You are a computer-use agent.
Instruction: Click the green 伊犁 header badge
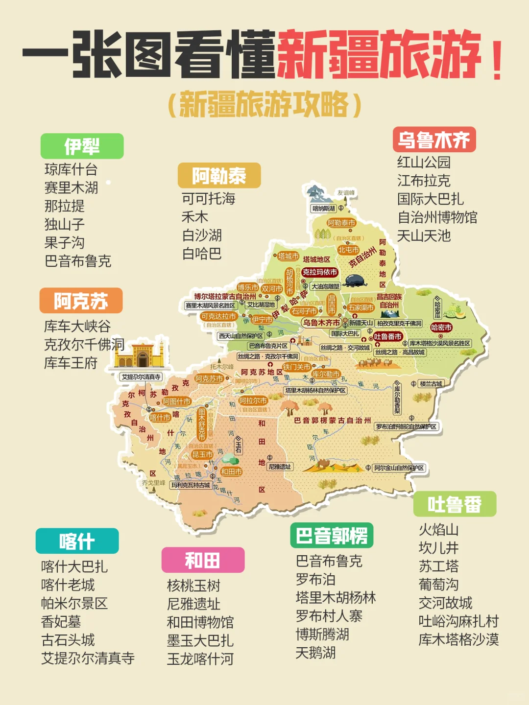82,146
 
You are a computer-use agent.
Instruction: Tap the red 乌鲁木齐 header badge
434,140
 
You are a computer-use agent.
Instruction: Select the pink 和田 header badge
203,560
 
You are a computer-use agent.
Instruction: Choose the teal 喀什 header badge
77,541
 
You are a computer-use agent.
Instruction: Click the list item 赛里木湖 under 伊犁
71,188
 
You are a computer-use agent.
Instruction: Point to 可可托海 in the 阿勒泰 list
208,198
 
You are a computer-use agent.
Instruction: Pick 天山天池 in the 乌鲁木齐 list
424,236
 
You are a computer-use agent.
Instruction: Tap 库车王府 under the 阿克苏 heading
71,363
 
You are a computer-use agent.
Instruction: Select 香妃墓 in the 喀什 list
61,621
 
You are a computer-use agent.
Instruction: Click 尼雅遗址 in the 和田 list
193,604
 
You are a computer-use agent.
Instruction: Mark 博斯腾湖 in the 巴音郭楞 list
322,634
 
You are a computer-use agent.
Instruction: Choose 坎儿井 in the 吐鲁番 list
438,548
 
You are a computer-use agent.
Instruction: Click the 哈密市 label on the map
441,328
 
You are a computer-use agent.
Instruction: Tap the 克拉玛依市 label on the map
320,272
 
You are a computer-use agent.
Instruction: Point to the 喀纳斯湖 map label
324,209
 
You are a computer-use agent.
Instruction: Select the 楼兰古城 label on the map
431,384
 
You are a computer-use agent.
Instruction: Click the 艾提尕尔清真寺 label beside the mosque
141,377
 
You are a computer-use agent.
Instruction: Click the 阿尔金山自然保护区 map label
399,468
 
